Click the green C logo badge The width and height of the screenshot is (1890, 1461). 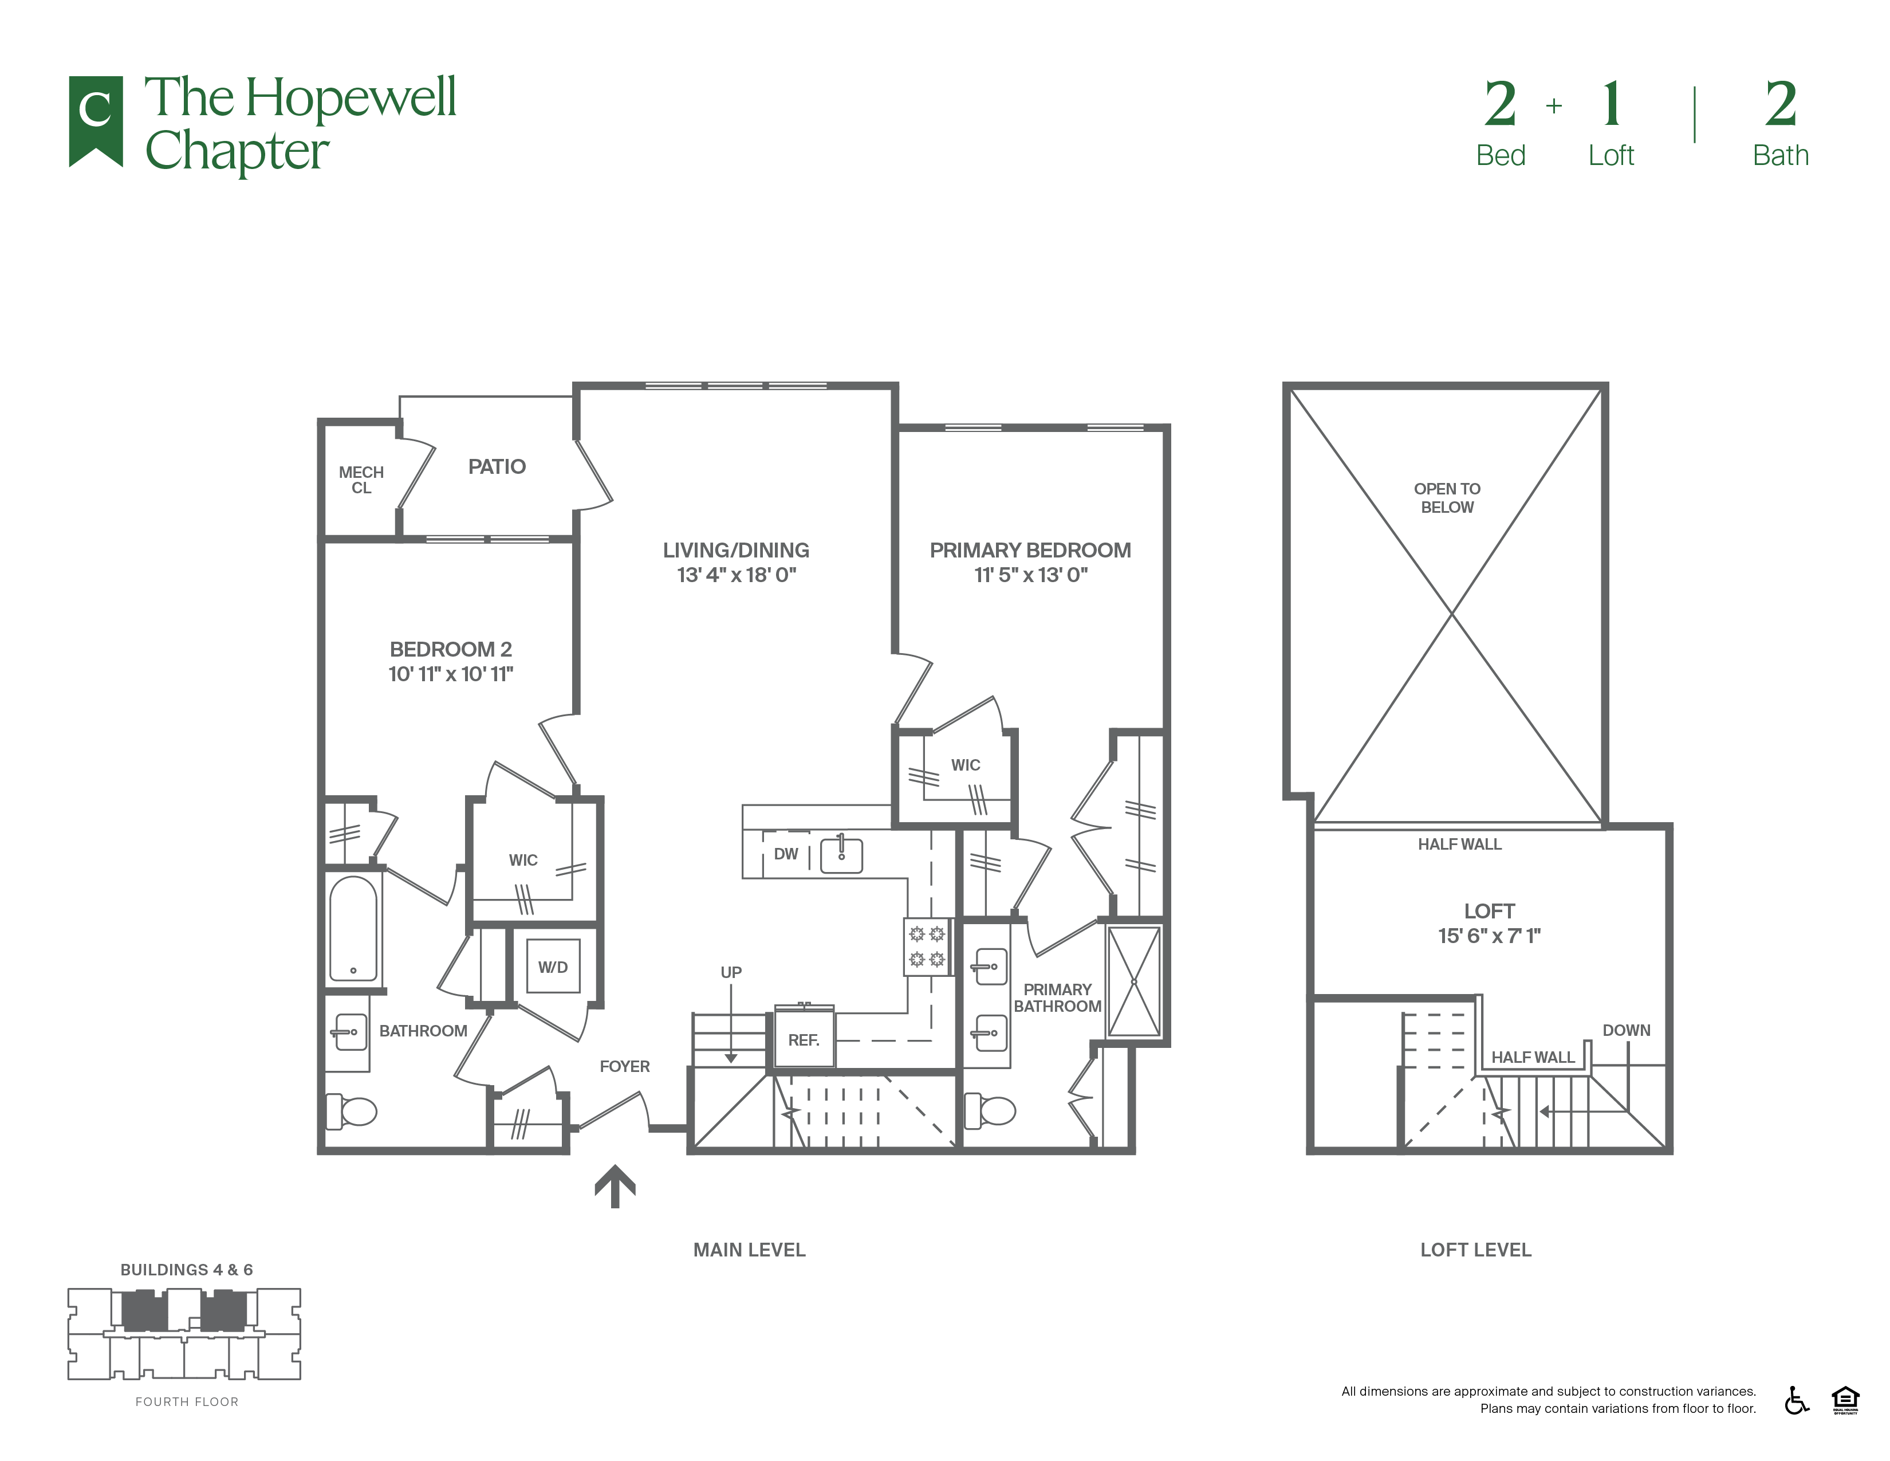[95, 120]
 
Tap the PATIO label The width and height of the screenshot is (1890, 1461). [497, 466]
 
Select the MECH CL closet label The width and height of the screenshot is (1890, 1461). [361, 480]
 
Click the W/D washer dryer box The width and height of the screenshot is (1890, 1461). [553, 967]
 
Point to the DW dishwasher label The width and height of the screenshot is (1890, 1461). [786, 854]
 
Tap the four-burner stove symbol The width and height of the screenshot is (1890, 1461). [927, 947]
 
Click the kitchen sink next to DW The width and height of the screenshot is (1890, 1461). [841, 854]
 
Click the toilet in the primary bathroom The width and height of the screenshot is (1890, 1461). [990, 1110]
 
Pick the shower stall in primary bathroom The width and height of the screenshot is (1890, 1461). [1133, 981]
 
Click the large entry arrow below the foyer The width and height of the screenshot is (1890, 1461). [615, 1186]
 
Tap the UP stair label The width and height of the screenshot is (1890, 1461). [731, 972]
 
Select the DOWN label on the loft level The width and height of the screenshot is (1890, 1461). [1626, 1030]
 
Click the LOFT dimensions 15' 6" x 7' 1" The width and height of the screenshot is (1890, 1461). [1489, 936]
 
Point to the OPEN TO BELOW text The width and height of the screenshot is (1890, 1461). [1447, 498]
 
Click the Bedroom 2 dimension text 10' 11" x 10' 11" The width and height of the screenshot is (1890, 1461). [451, 674]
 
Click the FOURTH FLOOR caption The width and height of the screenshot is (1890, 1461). [187, 1401]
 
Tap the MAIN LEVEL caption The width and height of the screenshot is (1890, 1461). [750, 1250]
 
